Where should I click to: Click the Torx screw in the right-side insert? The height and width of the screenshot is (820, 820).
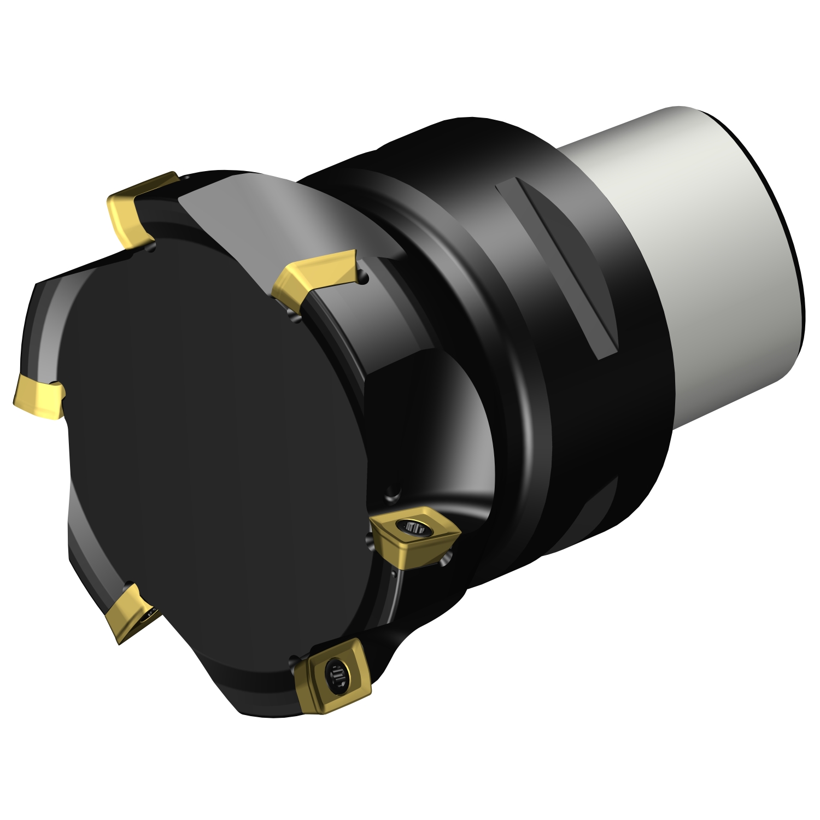414,527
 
